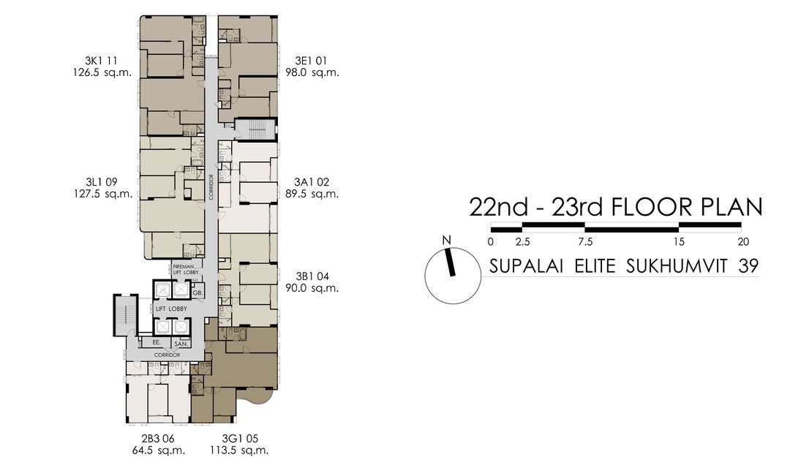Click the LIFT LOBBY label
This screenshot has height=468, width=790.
(170, 309)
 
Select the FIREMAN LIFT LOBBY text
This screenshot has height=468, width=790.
(186, 269)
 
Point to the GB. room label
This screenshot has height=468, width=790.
(197, 293)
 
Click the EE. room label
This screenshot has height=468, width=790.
(156, 342)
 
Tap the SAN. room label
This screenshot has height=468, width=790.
(180, 343)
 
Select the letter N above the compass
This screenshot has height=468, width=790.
(445, 241)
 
